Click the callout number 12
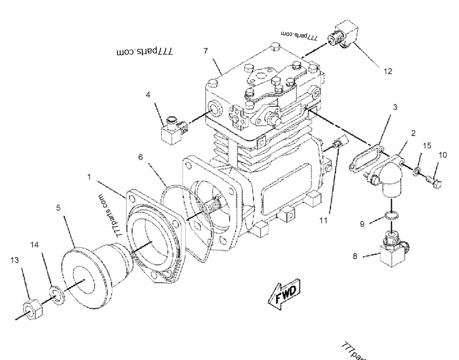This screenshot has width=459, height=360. (388, 71)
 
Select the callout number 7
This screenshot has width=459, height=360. (205, 51)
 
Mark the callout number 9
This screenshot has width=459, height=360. (361, 223)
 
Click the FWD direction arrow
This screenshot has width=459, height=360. (281, 296)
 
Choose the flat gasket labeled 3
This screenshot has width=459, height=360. (364, 158)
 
